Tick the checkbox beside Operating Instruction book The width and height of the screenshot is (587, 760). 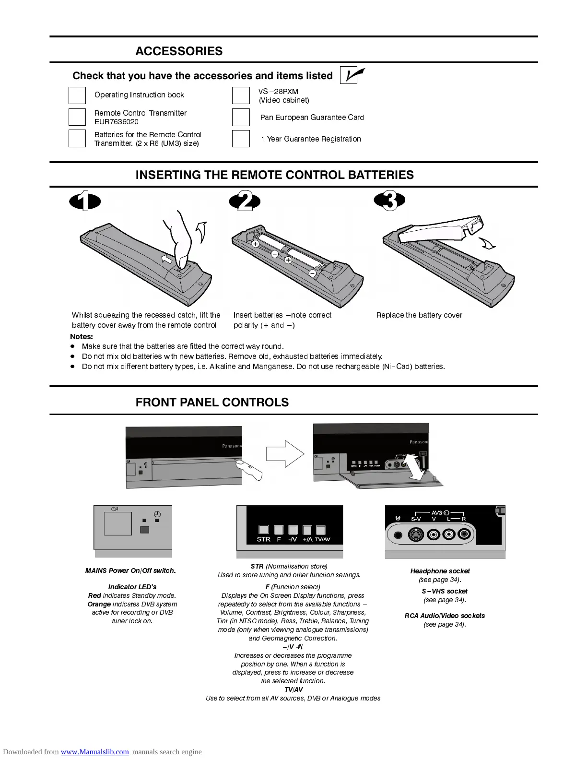[77, 95]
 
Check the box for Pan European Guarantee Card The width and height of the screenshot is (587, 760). [241, 117]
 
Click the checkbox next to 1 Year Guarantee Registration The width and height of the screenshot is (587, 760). [241, 139]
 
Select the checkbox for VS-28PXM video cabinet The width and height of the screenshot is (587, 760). [241, 95]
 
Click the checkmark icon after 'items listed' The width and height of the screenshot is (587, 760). [352, 75]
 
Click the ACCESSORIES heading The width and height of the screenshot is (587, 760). [179, 51]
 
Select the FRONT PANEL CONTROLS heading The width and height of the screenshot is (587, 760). [212, 403]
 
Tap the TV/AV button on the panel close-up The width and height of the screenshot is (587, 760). [321, 530]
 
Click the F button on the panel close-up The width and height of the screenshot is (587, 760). [279, 530]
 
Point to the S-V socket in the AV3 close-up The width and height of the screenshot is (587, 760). [415, 534]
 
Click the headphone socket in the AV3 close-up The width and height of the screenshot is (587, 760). [398, 535]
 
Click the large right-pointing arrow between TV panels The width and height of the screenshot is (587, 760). [285, 453]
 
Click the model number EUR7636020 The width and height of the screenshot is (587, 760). [117, 122]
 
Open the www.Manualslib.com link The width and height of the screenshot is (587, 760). [94, 752]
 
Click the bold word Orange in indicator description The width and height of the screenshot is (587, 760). [99, 604]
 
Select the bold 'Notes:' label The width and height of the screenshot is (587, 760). [82, 337]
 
